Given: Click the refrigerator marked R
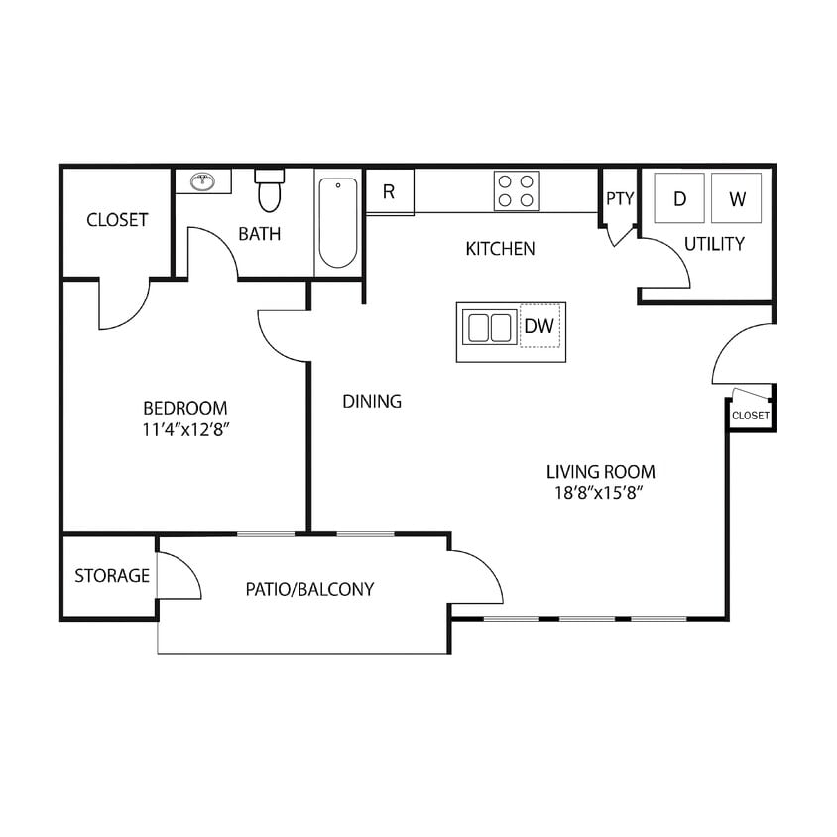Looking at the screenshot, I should (389, 191).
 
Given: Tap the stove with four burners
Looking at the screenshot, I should (517, 190).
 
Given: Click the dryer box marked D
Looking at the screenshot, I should (680, 198).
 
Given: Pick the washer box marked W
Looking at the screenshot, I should (737, 198).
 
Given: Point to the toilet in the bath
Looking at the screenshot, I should (269, 190).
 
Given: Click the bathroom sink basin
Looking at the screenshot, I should (203, 181).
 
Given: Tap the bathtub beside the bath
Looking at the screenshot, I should (337, 223).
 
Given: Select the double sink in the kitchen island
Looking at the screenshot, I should (488, 327).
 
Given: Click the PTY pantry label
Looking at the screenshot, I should (620, 198).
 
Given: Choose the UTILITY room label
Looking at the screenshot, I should (714, 244).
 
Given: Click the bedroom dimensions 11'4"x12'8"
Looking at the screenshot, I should (185, 429).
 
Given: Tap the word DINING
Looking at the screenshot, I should (372, 402).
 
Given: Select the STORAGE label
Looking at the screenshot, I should (112, 576).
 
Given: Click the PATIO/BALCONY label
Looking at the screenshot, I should (309, 589).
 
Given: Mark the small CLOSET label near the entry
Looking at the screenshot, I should (750, 416).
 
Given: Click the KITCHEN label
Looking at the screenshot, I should (500, 249).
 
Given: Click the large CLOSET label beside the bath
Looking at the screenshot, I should (117, 220).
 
